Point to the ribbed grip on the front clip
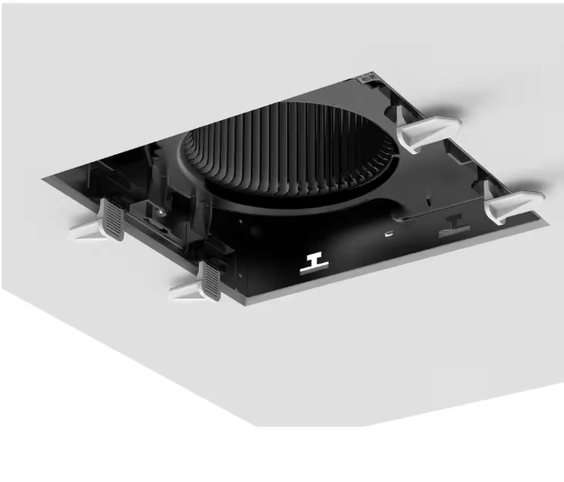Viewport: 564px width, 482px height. click(x=210, y=280)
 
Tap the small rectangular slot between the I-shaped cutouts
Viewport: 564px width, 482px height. click(x=392, y=234)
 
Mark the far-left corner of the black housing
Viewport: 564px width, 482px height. click(x=43, y=177)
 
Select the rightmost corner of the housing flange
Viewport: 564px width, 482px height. click(x=548, y=222)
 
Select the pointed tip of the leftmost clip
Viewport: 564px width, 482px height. click(x=72, y=228)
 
